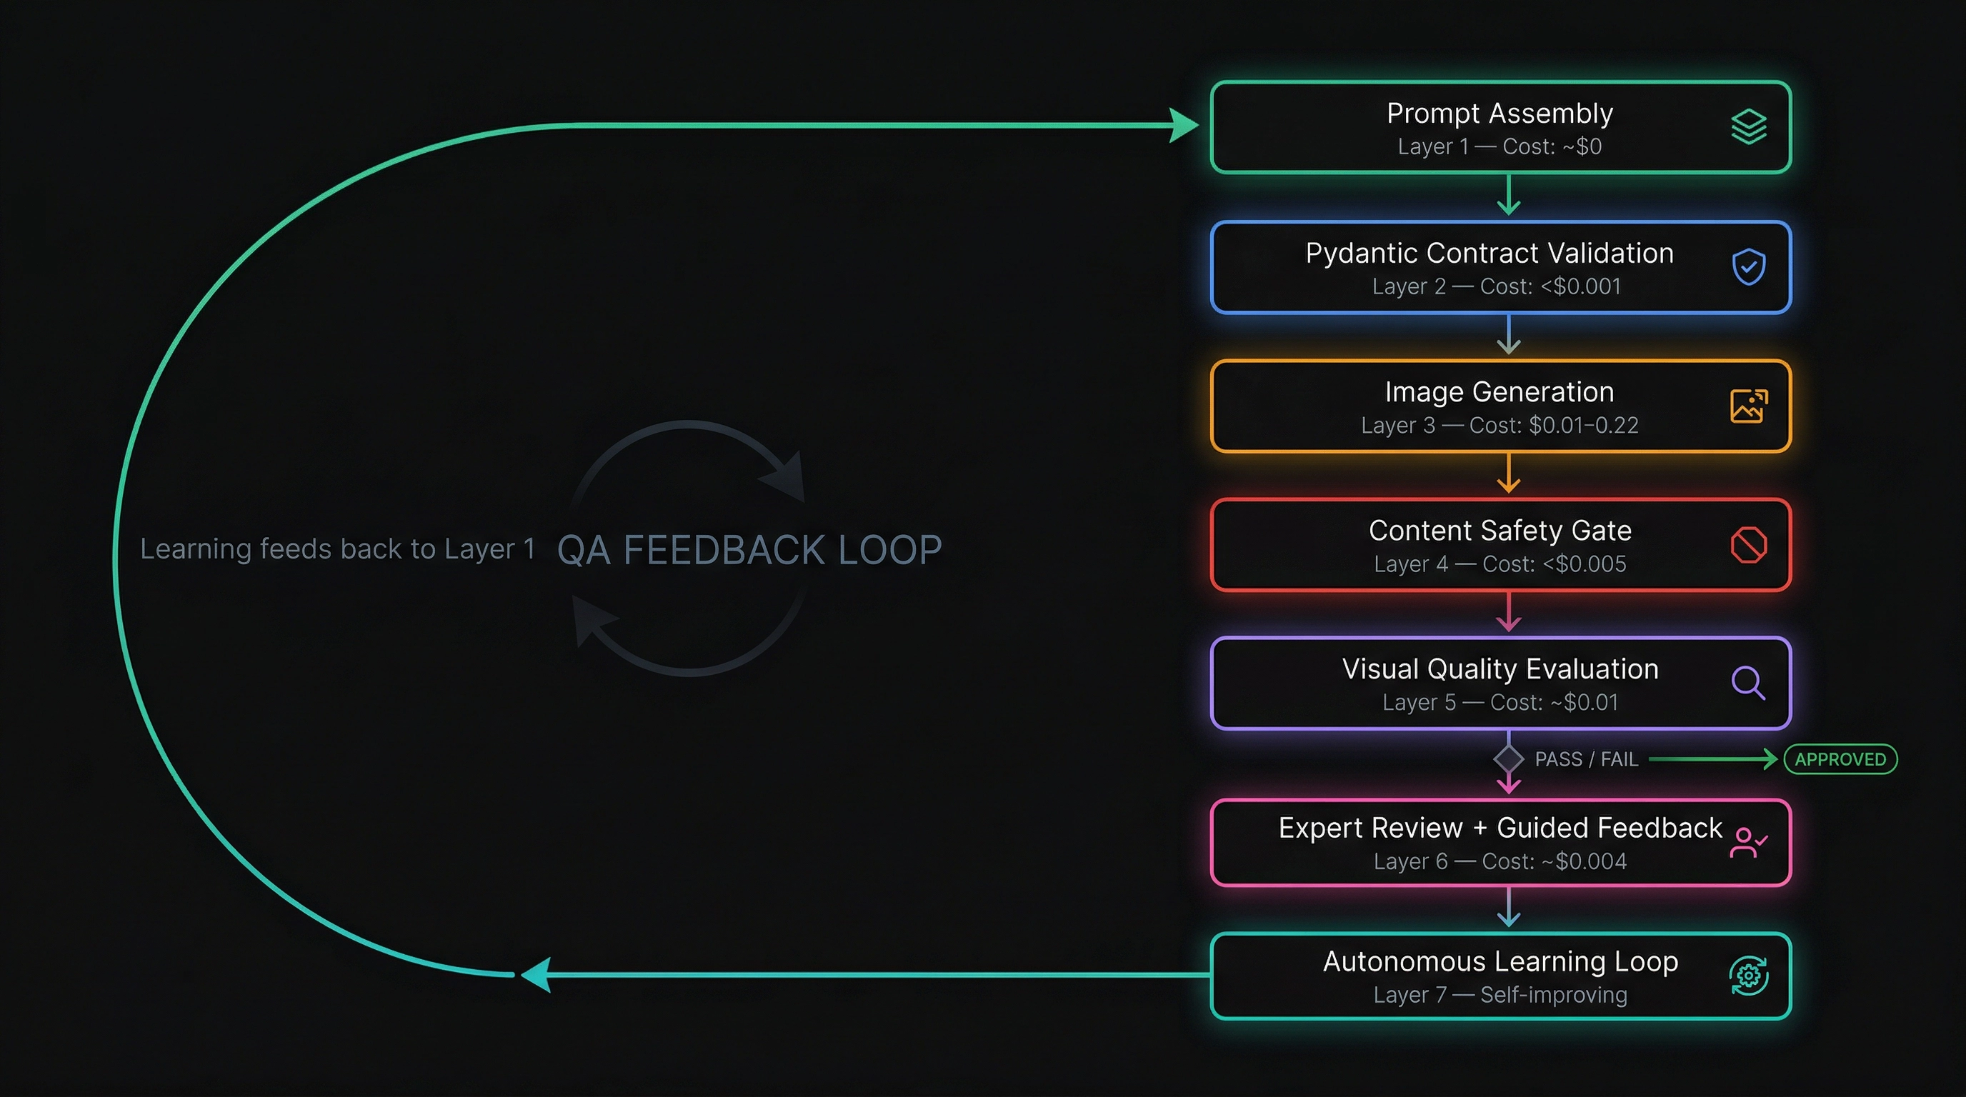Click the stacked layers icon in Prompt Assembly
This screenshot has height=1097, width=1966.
coord(1749,126)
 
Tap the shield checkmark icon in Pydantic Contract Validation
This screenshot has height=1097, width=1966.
coord(1749,266)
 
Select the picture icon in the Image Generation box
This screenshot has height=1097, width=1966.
coord(1749,406)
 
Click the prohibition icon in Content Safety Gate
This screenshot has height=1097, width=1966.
coord(1749,545)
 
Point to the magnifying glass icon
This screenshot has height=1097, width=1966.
coord(1749,683)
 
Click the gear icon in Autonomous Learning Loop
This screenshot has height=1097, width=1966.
coord(1749,976)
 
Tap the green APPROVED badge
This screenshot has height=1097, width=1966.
coord(1840,759)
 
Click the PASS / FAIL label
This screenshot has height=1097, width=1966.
coord(1586,759)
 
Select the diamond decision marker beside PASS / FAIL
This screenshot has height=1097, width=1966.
coord(1509,759)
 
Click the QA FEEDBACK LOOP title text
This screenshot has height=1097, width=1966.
coord(749,550)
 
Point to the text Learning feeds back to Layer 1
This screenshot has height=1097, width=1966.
coord(337,549)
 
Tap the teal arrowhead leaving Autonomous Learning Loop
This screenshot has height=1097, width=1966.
coord(537,975)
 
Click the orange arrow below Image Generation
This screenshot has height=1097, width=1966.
coord(1509,474)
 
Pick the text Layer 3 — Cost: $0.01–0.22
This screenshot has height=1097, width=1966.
coord(1500,426)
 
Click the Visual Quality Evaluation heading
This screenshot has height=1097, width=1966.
coord(1500,669)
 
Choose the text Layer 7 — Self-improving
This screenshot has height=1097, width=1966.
coord(1500,995)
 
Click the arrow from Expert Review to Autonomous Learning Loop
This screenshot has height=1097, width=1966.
coord(1509,908)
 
